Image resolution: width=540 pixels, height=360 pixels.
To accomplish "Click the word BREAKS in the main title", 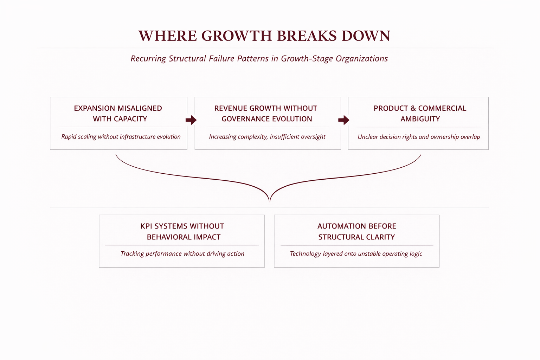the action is click(307, 36).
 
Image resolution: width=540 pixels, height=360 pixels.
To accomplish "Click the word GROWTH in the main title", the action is click(237, 36).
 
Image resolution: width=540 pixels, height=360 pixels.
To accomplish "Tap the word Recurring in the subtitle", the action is click(148, 59).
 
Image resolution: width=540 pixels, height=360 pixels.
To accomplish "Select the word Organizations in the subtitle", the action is click(361, 59).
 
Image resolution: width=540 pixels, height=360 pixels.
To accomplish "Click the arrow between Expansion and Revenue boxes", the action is click(191, 120).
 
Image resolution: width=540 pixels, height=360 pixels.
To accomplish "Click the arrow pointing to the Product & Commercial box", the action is click(343, 120).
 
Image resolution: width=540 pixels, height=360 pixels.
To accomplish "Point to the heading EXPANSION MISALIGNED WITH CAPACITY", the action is click(118, 114).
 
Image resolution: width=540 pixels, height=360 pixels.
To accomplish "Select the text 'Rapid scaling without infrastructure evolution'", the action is click(121, 137).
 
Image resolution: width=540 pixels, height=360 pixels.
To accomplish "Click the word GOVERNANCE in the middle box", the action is click(246, 119).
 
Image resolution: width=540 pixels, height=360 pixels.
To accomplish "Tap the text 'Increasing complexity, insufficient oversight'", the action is click(267, 137).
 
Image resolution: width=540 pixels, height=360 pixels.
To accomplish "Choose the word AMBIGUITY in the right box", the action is click(420, 119).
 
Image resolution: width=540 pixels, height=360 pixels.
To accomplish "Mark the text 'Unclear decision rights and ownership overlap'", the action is click(419, 137).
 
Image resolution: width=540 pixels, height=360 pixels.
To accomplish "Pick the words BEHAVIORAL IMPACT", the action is click(184, 237).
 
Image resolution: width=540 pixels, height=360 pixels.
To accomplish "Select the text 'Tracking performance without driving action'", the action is click(182, 254).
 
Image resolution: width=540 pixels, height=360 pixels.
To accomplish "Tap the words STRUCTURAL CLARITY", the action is click(356, 237).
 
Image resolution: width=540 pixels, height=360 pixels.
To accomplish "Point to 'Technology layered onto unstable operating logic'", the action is click(356, 254).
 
